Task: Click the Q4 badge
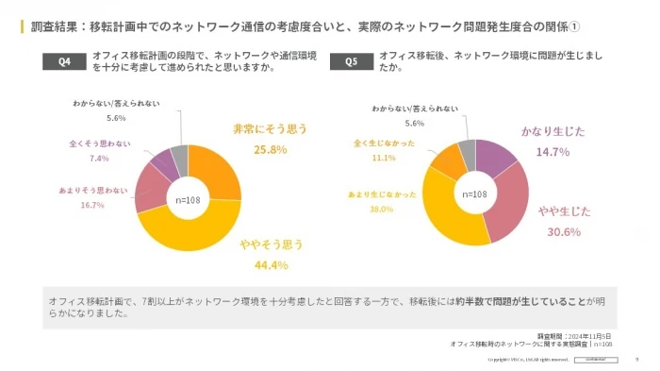64,62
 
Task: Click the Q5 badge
352,62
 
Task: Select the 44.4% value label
271,264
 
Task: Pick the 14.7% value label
553,151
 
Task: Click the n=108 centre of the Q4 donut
189,199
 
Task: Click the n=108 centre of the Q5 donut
475,194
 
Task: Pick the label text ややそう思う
271,245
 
